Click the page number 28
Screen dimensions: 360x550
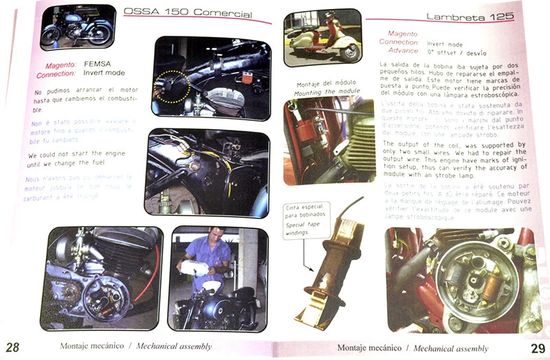(12, 346)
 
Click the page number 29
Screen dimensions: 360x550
(538, 348)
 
